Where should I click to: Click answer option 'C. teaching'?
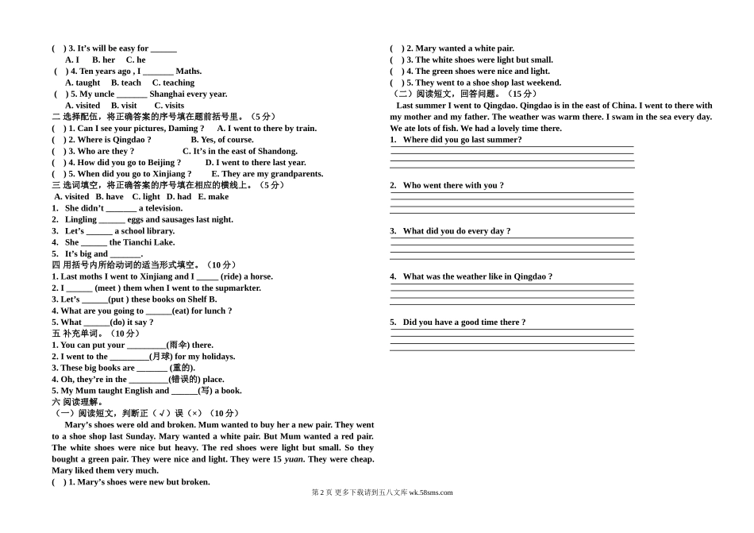coord(173,83)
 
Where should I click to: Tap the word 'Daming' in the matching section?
coord(187,129)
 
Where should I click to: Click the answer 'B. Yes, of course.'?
coord(222,140)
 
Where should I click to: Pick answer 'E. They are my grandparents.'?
coord(267,174)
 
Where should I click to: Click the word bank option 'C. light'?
coord(146,197)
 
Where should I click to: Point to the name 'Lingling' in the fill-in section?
coord(81,220)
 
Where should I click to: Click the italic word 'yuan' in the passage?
coord(294,459)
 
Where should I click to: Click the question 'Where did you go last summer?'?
coord(462,140)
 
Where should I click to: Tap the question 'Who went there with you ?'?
coord(453,186)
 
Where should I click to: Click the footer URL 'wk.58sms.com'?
coord(430,492)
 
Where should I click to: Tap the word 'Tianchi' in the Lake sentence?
coord(139,243)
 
